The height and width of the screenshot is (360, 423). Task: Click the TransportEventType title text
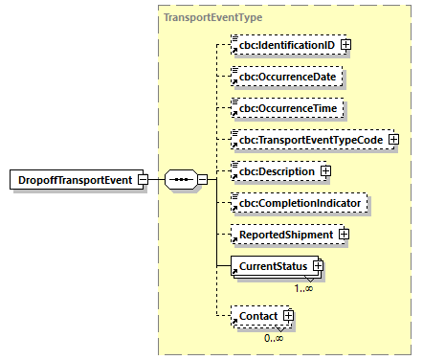tap(212, 17)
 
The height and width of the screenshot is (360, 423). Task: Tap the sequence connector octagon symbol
tap(180, 179)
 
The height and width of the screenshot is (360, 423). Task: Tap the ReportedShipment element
tap(281, 235)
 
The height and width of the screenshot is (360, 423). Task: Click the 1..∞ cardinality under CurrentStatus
tap(304, 286)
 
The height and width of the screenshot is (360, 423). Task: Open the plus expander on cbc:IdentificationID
tap(345, 44)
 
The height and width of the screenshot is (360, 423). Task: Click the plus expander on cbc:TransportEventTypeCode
tap(392, 140)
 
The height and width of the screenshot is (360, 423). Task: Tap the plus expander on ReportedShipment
tap(344, 235)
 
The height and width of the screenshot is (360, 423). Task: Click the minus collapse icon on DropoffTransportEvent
tap(142, 179)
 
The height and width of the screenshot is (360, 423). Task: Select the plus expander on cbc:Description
tap(325, 171)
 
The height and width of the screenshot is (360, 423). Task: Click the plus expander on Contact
tap(287, 316)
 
